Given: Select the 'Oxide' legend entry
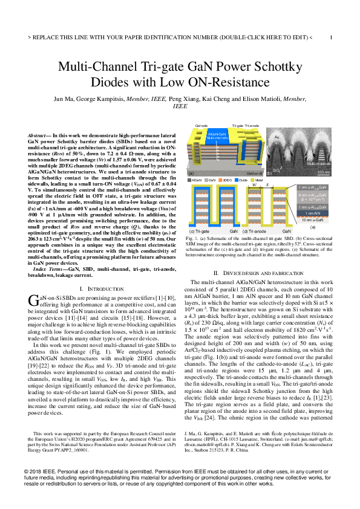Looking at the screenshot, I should [243, 180].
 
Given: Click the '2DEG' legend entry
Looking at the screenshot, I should [227, 180].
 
